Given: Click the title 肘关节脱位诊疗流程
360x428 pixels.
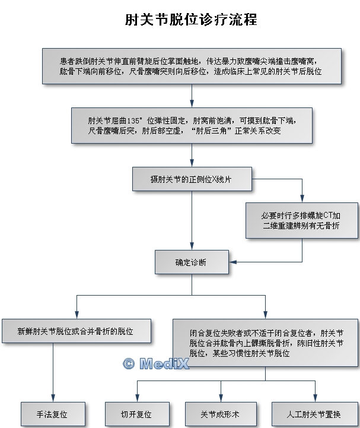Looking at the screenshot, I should [x=191, y=20].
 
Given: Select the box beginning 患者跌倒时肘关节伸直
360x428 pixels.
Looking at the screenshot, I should [x=191, y=66].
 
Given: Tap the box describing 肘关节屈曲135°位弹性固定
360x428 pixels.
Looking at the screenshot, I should [x=192, y=125].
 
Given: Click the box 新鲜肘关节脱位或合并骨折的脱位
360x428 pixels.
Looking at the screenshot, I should [x=76, y=330].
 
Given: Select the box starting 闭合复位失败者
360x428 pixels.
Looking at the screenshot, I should [x=265, y=343].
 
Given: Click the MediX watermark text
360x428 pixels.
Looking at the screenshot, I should [x=164, y=364].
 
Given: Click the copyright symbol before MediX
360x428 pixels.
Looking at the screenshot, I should [x=128, y=364].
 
